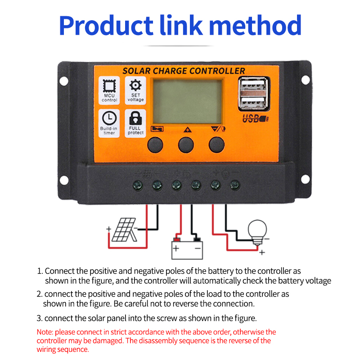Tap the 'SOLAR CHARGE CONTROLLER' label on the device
pyautogui.click(x=184, y=71)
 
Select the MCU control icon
pyautogui.click(x=109, y=85)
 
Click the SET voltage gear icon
pyautogui.click(x=135, y=85)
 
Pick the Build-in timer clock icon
pyautogui.click(x=109, y=118)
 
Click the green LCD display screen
pyautogui.click(x=187, y=101)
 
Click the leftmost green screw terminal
pyautogui.click(x=138, y=184)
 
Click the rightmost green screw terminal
pyautogui.click(x=234, y=184)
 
